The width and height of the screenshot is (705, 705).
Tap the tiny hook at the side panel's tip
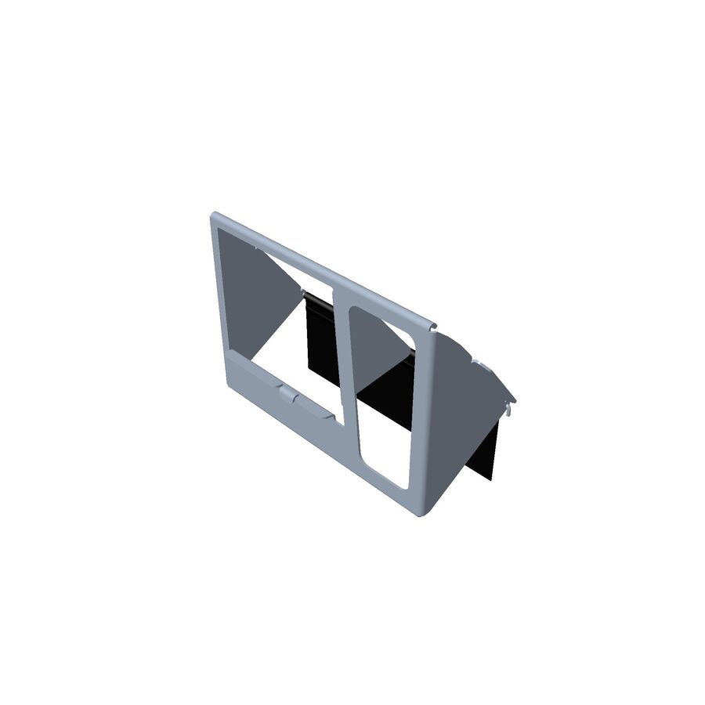click(510, 405)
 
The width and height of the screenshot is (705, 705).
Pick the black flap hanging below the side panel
click(486, 454)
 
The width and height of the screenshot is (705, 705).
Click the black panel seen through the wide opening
click(320, 337)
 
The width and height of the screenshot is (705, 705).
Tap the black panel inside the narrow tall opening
click(388, 392)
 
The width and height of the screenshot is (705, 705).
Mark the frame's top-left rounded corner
click(215, 217)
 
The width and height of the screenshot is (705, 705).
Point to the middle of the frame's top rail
click(321, 267)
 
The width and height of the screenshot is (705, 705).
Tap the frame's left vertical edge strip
click(219, 305)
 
